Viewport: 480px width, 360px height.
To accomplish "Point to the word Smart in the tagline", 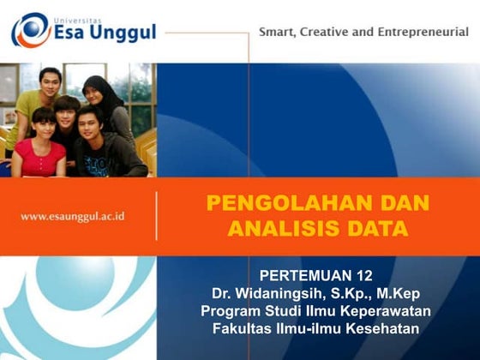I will tap(277, 32).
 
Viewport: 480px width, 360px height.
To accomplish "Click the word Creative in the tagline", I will tap(328, 32).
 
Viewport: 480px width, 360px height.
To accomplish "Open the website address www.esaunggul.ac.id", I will tap(72, 216).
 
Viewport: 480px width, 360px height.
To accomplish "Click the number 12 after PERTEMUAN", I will tap(365, 275).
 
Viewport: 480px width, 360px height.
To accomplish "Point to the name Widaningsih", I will tap(281, 292).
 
